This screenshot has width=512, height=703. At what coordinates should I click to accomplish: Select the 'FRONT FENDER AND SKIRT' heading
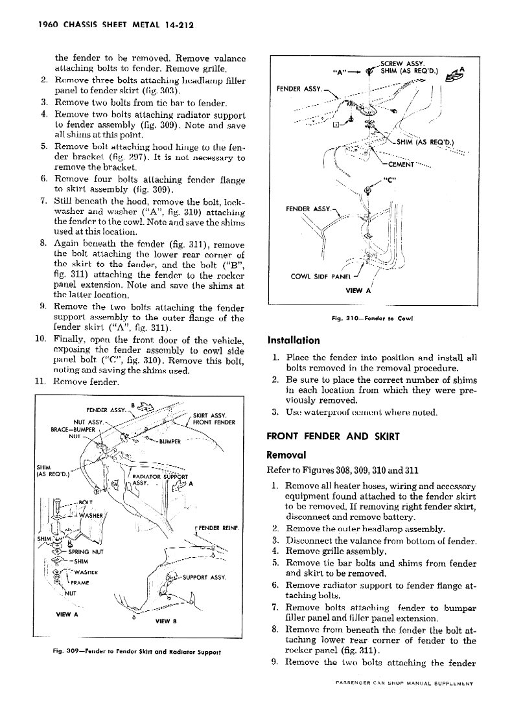coord(334,436)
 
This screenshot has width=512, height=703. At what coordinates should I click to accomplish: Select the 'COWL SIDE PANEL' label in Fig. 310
coord(323,278)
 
